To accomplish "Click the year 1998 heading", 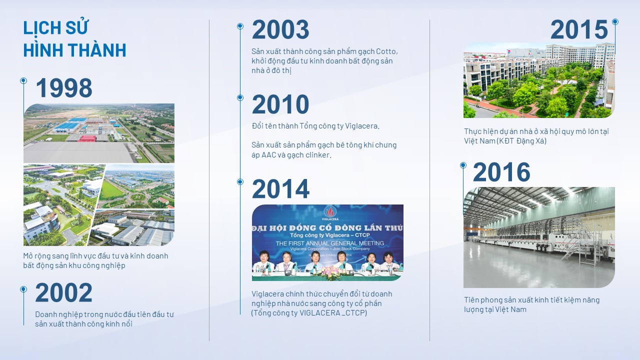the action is (64, 87).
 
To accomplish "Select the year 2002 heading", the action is (63, 292).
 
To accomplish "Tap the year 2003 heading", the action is (280, 29).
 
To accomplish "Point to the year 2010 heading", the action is (280, 104).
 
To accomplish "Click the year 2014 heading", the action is (280, 188).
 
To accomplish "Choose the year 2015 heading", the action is (579, 29).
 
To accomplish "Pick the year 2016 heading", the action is (501, 172).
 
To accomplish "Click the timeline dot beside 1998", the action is (23, 81).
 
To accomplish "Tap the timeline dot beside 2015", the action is (615, 21).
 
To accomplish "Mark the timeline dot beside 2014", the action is (240, 181).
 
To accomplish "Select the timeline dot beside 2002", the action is (23, 289).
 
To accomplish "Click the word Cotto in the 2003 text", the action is (386, 51).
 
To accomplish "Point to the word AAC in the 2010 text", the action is (269, 155).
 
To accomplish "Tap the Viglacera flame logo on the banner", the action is (330, 212).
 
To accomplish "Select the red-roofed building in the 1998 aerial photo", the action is (87, 138).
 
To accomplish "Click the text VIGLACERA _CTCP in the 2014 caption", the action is (332, 313).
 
